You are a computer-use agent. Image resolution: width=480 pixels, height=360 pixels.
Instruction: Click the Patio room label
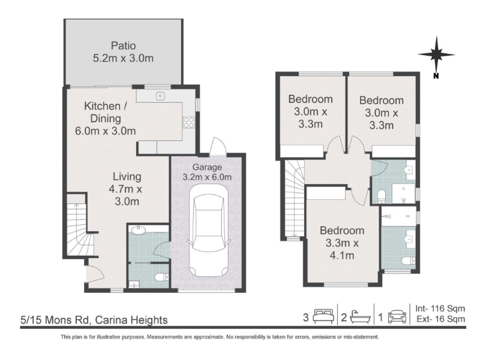tap(124, 46)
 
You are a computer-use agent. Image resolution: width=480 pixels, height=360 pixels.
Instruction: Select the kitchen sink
tap(160, 96)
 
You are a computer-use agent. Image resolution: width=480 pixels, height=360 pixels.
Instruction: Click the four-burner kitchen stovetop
tap(188, 122)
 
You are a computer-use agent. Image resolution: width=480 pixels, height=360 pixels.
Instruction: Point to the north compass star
tap(436, 55)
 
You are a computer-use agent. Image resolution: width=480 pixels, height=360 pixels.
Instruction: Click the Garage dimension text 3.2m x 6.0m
tap(207, 177)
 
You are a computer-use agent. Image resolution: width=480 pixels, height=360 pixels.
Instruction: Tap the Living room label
tap(127, 176)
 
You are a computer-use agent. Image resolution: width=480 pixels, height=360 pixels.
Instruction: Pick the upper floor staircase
tap(295, 199)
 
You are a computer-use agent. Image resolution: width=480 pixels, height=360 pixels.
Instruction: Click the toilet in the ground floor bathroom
tap(162, 277)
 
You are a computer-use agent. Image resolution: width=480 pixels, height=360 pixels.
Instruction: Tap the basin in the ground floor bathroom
tap(138, 230)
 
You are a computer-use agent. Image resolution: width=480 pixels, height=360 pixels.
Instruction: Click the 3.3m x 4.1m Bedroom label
tap(342, 243)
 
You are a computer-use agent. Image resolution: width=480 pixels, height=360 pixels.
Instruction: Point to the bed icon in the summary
tap(323, 317)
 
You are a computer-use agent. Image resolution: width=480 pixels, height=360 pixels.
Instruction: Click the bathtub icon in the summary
tap(359, 317)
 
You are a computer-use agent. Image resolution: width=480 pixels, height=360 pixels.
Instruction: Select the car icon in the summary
tap(397, 317)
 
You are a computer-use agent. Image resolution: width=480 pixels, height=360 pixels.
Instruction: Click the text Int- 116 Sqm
tap(440, 308)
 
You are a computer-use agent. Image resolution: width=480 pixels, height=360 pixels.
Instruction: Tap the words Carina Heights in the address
tap(131, 320)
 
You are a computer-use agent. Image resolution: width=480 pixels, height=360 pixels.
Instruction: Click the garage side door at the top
tap(218, 146)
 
